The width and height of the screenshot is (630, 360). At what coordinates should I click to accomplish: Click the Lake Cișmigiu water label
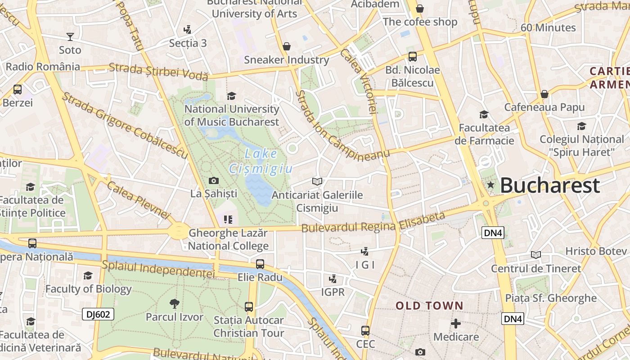(x=261, y=161)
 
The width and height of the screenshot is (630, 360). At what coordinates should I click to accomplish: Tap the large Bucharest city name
(x=550, y=185)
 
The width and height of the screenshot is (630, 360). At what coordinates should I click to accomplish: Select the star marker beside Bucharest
(x=490, y=184)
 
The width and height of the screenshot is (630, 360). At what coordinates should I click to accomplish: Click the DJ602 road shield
(x=98, y=314)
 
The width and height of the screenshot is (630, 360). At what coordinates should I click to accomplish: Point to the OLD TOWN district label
(x=429, y=306)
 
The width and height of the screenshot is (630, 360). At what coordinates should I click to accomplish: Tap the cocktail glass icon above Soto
(x=70, y=36)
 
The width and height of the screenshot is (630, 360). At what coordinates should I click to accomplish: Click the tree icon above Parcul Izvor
(x=174, y=304)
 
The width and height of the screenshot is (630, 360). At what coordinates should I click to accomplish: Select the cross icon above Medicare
(x=456, y=324)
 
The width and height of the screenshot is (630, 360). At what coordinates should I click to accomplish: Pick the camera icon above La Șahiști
(x=214, y=181)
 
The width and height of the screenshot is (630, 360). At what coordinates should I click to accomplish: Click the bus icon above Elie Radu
(x=260, y=264)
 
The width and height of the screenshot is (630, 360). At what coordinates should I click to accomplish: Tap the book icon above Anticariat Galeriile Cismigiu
(x=317, y=181)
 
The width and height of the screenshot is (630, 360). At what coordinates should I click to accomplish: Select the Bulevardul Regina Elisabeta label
(x=373, y=223)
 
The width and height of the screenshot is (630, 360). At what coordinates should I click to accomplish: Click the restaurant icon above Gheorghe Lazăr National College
(x=228, y=220)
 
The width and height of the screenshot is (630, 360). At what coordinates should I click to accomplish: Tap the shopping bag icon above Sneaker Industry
(x=287, y=46)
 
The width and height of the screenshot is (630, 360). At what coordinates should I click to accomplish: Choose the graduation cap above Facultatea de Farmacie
(x=484, y=114)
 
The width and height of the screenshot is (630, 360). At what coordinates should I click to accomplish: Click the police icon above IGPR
(x=333, y=279)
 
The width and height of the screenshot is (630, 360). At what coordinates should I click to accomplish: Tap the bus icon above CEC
(x=365, y=331)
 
